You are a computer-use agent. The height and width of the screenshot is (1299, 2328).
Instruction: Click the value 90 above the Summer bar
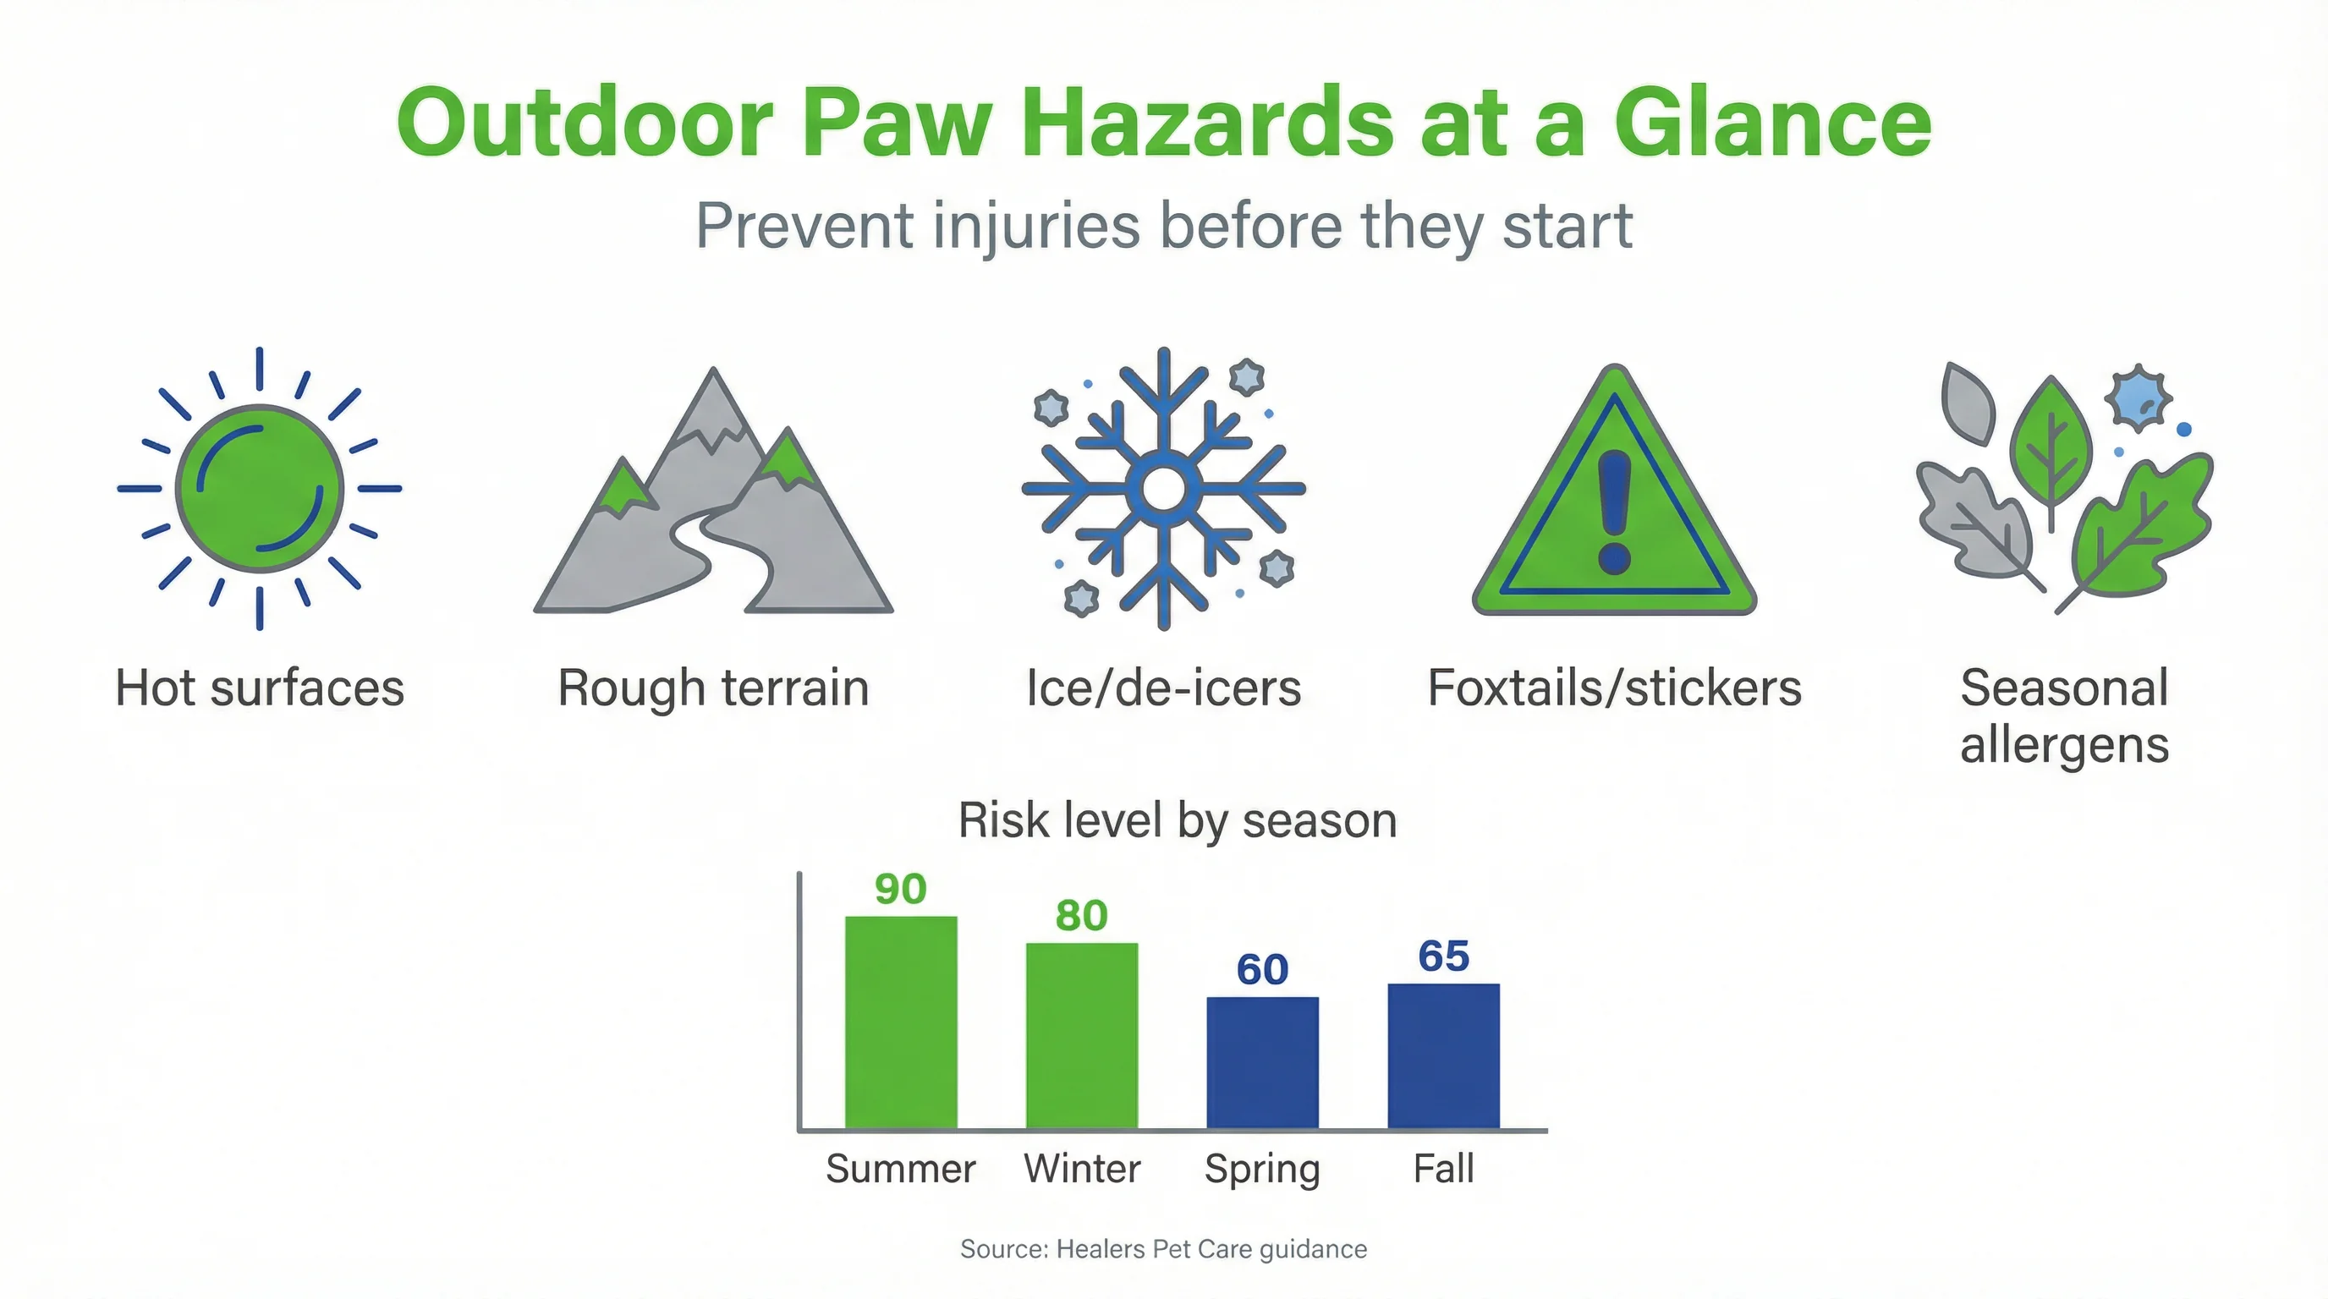[900, 889]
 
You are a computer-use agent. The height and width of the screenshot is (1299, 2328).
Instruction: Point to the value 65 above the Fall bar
[1443, 956]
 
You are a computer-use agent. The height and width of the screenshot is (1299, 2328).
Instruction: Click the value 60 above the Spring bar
[1262, 969]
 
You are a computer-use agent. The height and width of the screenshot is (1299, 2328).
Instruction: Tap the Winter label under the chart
[1082, 1168]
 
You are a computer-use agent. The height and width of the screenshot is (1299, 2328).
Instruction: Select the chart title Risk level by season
[1177, 820]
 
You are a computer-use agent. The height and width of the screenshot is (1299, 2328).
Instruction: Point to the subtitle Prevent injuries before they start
[1163, 226]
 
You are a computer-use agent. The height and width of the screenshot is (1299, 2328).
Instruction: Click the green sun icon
[260, 488]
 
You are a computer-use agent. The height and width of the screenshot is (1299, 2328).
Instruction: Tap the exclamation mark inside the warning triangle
[1614, 512]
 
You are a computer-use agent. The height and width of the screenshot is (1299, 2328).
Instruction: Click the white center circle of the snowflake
[1163, 489]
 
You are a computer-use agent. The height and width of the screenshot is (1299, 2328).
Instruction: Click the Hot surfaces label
[260, 688]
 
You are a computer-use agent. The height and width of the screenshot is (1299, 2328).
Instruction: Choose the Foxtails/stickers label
[1614, 688]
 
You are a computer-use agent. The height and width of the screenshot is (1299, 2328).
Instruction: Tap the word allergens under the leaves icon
[2064, 745]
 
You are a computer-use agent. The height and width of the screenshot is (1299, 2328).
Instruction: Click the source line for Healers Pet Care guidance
[1163, 1248]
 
